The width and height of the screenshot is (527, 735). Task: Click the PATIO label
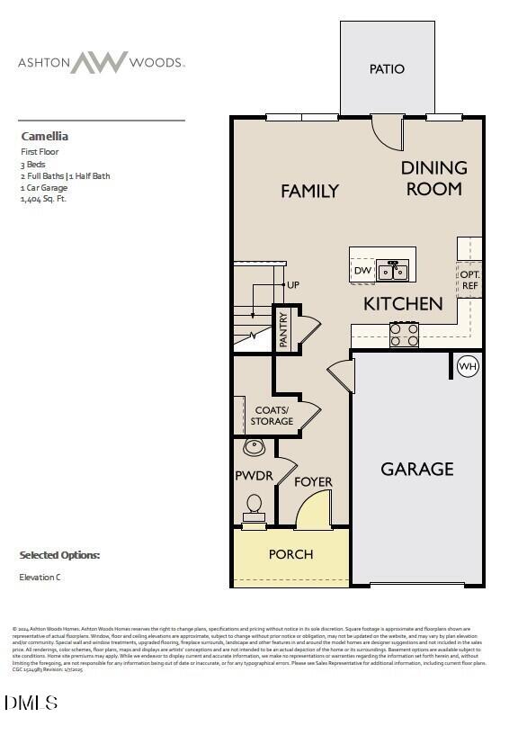tap(388, 69)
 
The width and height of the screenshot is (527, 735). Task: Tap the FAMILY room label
tap(309, 191)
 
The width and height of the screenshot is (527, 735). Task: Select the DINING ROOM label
tap(433, 178)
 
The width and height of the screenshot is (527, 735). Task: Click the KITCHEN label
tap(403, 304)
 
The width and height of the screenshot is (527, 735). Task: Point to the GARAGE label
tap(416, 469)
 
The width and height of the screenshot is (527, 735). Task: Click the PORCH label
tap(291, 554)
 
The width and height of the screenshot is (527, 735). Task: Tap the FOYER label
tap(313, 482)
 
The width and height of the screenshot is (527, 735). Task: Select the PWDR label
tap(254, 475)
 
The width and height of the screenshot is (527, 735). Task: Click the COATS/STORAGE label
tap(272, 416)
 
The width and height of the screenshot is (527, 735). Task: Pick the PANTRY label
tap(283, 329)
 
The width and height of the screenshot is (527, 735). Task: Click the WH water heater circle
tap(468, 366)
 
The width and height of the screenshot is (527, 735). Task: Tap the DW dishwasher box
tap(362, 270)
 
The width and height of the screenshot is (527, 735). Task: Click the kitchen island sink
tap(393, 270)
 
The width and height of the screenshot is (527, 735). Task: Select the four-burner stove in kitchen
tap(404, 335)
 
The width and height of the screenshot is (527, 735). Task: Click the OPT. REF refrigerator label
tap(469, 280)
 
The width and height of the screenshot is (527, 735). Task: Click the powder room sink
tap(255, 446)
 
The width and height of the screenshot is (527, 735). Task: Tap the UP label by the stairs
tap(292, 285)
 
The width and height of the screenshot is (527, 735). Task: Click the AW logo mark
tap(100, 63)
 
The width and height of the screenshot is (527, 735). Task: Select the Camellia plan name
tap(45, 137)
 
